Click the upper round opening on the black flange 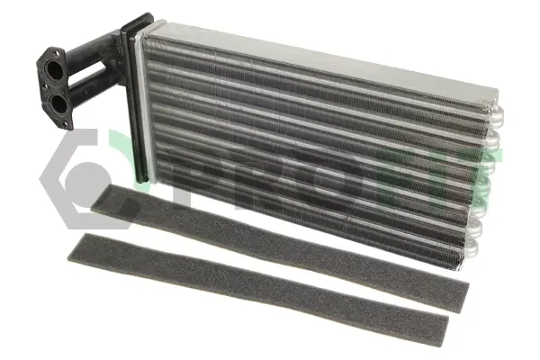tap(55, 70)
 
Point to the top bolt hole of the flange tap(54, 53)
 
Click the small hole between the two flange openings tap(44, 86)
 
